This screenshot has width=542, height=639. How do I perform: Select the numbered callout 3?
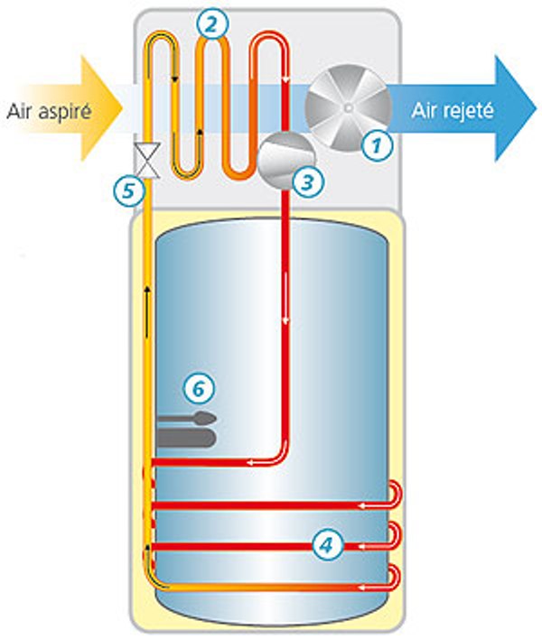308,181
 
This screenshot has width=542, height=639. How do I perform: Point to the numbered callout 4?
326,543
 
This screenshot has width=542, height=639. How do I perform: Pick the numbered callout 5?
127,189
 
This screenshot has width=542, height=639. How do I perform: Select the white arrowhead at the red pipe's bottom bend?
262,463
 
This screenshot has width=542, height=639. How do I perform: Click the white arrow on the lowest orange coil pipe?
362,587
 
